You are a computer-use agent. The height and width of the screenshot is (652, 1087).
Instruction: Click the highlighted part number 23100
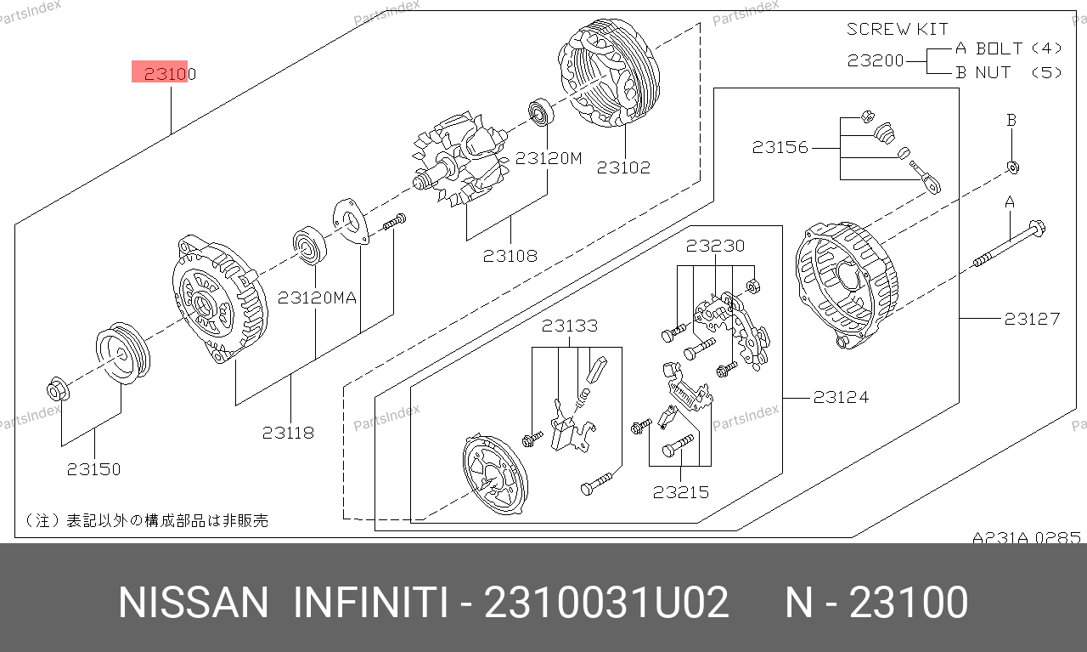coord(170,74)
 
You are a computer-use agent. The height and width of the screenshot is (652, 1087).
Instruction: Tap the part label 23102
coord(623,167)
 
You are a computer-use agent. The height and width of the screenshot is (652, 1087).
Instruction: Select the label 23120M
coord(549,158)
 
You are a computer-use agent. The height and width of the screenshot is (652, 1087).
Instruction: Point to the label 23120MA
coord(317,298)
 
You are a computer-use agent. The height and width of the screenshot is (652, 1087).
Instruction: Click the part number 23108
coord(510,256)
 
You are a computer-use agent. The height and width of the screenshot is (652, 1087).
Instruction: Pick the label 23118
coord(288,433)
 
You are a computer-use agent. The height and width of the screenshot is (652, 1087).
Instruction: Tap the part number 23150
coord(93,469)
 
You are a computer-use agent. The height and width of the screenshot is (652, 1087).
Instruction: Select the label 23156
coord(780,147)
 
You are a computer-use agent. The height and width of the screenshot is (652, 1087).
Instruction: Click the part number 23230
coord(715,246)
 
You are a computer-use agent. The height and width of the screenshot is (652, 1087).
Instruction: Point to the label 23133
coord(570,326)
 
